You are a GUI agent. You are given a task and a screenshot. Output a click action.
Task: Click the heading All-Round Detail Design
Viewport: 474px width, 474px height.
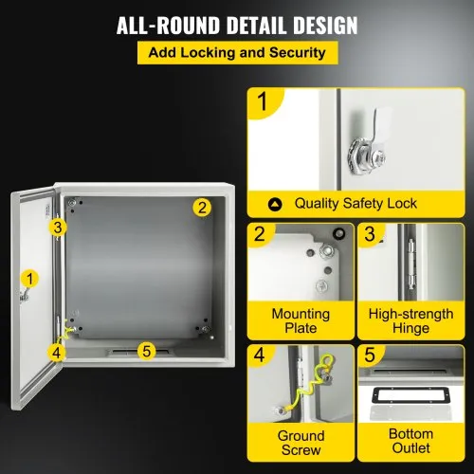(236, 25)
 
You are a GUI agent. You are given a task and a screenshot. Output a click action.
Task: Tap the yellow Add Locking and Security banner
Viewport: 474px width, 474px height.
(236, 54)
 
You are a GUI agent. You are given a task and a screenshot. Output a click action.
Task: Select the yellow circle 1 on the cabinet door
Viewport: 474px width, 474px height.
(30, 279)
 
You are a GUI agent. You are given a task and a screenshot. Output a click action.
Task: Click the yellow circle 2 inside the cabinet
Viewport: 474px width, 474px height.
(201, 207)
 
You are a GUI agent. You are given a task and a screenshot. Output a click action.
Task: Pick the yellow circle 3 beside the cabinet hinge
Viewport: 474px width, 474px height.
(59, 227)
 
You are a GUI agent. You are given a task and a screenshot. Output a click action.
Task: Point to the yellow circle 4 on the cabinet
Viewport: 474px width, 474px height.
(58, 352)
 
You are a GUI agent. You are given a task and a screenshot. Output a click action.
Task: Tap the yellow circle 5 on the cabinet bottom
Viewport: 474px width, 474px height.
(145, 351)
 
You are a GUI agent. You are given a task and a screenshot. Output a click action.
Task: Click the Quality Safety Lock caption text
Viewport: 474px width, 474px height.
(355, 203)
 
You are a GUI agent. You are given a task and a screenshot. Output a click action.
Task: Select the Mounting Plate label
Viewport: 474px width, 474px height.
(300, 320)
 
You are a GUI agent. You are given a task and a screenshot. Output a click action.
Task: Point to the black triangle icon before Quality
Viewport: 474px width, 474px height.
(275, 203)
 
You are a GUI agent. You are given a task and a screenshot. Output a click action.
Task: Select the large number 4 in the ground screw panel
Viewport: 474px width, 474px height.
(261, 358)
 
